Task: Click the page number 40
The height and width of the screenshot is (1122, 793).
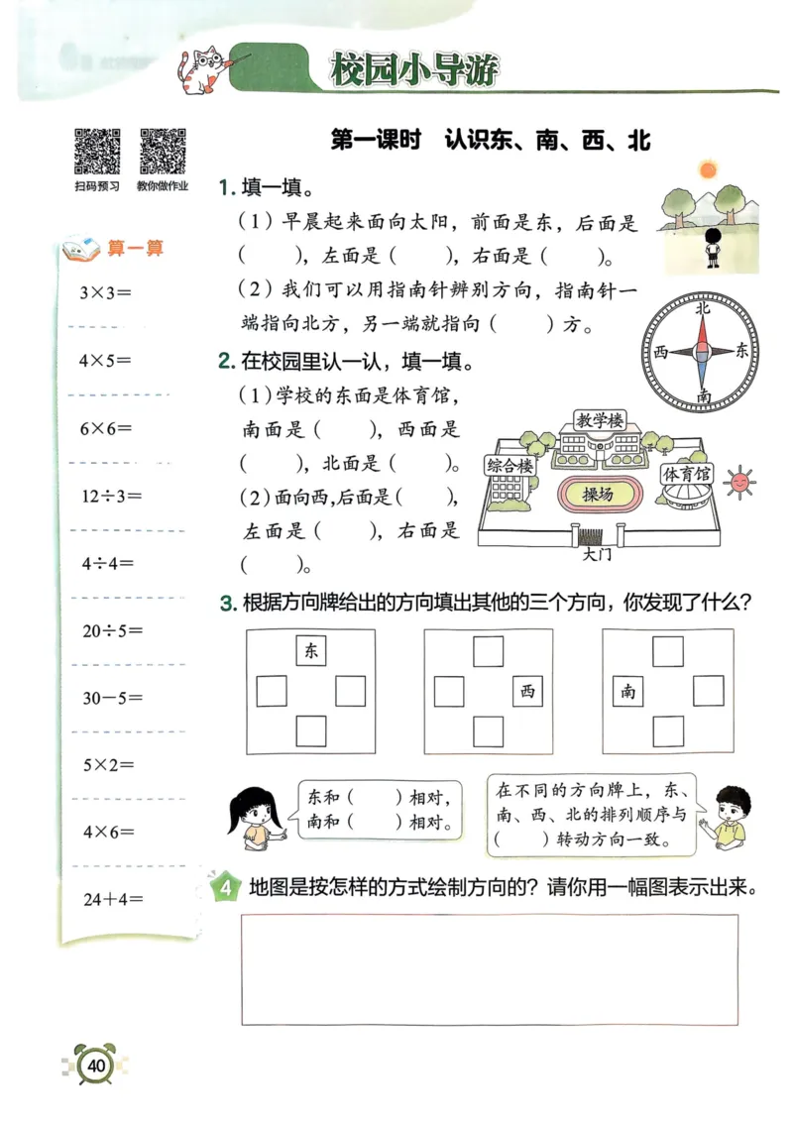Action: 95,1066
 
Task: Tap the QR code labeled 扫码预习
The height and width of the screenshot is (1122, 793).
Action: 97,151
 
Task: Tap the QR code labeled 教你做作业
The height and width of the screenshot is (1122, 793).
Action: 163,151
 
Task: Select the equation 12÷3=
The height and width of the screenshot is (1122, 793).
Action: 112,496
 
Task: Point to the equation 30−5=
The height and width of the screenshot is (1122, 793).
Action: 112,698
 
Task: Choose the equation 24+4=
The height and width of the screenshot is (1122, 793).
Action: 112,900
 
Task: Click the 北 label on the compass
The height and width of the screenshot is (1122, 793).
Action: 703,308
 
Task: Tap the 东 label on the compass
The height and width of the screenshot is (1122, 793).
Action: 743,350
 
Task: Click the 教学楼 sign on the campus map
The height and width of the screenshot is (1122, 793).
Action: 600,421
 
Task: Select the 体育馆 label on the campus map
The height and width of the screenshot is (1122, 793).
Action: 687,474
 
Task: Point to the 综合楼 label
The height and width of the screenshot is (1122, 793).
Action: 510,465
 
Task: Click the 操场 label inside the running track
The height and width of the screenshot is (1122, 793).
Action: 598,494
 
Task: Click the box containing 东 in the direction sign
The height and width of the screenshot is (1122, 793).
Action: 311,651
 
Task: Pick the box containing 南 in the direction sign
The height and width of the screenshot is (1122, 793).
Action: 628,691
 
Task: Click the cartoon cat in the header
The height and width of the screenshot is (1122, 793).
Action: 202,71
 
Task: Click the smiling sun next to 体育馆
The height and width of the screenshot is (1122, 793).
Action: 739,482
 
